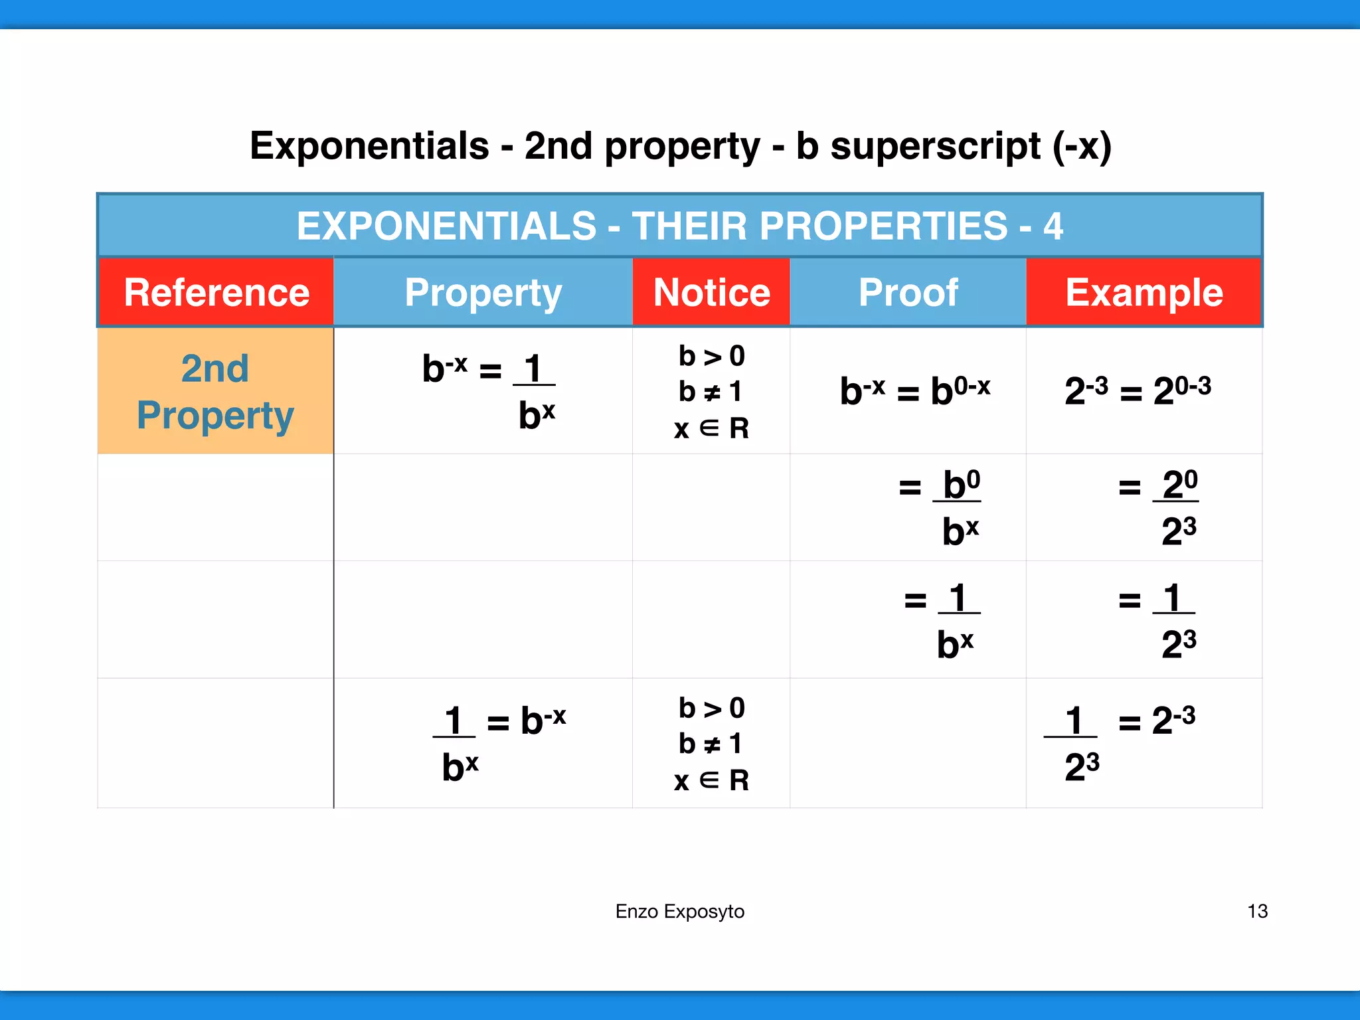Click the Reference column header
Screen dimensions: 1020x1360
pos(216,293)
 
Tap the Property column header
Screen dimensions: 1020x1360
pos(483,293)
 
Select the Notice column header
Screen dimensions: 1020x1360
pos(711,293)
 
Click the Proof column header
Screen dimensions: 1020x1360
pos(908,293)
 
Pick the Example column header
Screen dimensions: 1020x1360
pos(1144,293)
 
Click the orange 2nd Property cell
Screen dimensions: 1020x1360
pos(215,391)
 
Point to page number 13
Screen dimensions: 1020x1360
pos(1257,911)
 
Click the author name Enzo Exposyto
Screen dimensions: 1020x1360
pos(679,911)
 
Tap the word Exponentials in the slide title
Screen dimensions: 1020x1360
pos(369,146)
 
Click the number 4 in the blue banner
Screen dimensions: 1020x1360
pos(1053,226)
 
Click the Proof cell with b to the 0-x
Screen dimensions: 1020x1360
pos(914,390)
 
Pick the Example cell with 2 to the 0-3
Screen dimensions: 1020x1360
pos(1138,390)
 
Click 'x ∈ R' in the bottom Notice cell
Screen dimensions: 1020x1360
pos(711,780)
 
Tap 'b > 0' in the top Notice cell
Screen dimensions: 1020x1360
pos(711,357)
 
